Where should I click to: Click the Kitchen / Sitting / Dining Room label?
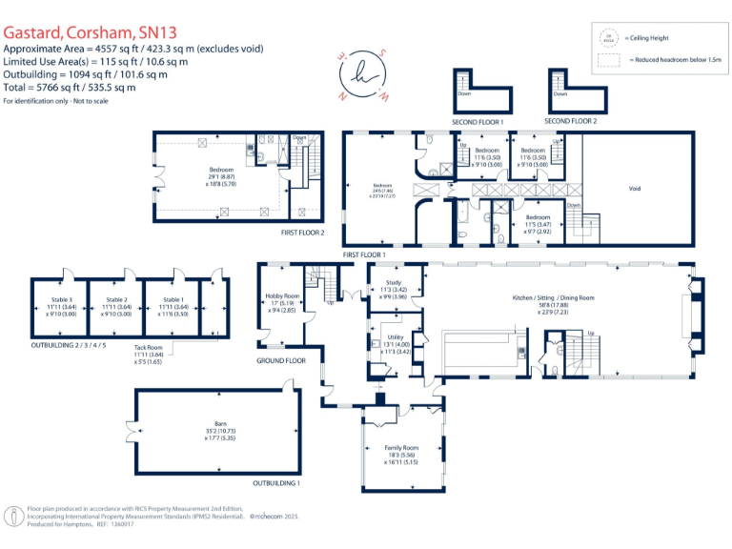(x=553, y=298)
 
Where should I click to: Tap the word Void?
(x=635, y=188)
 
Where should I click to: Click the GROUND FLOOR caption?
(x=281, y=361)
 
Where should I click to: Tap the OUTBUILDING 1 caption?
(x=277, y=484)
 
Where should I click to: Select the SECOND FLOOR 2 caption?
(x=571, y=122)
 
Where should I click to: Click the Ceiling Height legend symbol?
(x=607, y=38)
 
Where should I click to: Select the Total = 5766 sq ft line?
(x=69, y=87)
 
